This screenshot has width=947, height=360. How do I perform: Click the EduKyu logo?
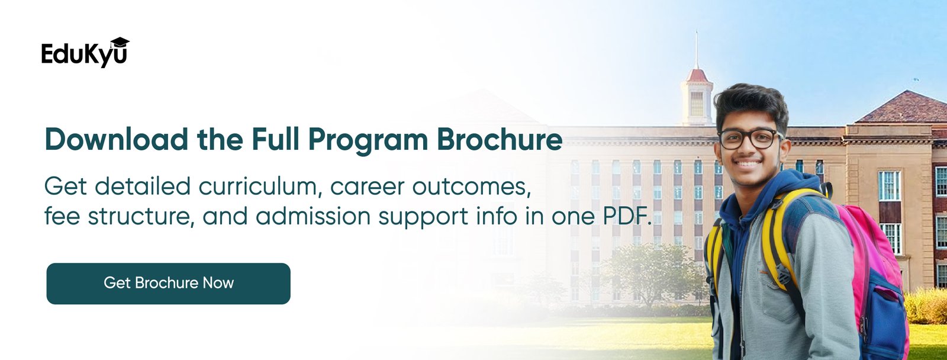[x=85, y=53]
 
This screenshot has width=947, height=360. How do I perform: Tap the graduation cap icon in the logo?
[x=120, y=42]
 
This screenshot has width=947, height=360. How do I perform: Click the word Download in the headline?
[x=116, y=139]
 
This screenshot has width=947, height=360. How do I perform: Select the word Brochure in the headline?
[x=500, y=139]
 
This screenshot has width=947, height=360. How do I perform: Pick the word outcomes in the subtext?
[x=471, y=188]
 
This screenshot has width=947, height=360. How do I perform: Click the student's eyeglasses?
[x=749, y=139]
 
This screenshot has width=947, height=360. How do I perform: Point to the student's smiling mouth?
[x=748, y=163]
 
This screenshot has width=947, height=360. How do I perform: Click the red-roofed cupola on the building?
[x=697, y=97]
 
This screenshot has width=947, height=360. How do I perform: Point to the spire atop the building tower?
[x=697, y=49]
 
